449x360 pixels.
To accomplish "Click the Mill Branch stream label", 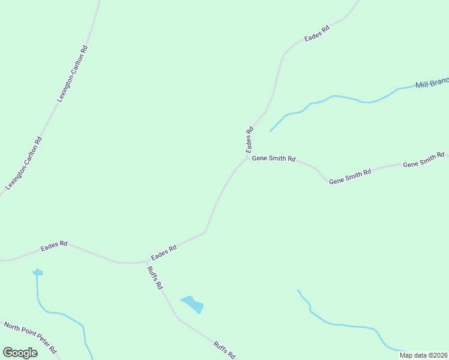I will pyautogui.click(x=432, y=84).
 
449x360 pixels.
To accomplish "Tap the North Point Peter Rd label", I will pyautogui.click(x=30, y=338).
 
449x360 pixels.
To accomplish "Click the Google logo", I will pyautogui.click(x=20, y=353).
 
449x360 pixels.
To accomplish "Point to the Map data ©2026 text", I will pyautogui.click(x=423, y=355).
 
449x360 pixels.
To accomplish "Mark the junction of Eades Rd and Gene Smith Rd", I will pyautogui.click(x=247, y=158).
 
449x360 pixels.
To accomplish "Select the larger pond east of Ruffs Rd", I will pyautogui.click(x=193, y=304).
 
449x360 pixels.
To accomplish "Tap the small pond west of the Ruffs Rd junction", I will pyautogui.click(x=38, y=272).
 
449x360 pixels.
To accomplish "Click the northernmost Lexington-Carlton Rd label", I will pyautogui.click(x=73, y=73).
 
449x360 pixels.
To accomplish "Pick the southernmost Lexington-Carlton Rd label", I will pyautogui.click(x=23, y=164).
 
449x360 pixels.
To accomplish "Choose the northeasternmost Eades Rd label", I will pyautogui.click(x=317, y=34).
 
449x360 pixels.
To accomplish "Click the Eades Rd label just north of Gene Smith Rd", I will pyautogui.click(x=249, y=139).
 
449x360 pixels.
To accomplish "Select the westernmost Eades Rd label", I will pyautogui.click(x=54, y=246).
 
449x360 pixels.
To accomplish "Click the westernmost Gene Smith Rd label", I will pyautogui.click(x=274, y=159).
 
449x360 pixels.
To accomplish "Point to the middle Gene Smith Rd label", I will pyautogui.click(x=351, y=176).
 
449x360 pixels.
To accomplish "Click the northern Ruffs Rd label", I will pyautogui.click(x=154, y=278).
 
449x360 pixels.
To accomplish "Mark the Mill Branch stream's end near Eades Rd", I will pyautogui.click(x=271, y=131).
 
